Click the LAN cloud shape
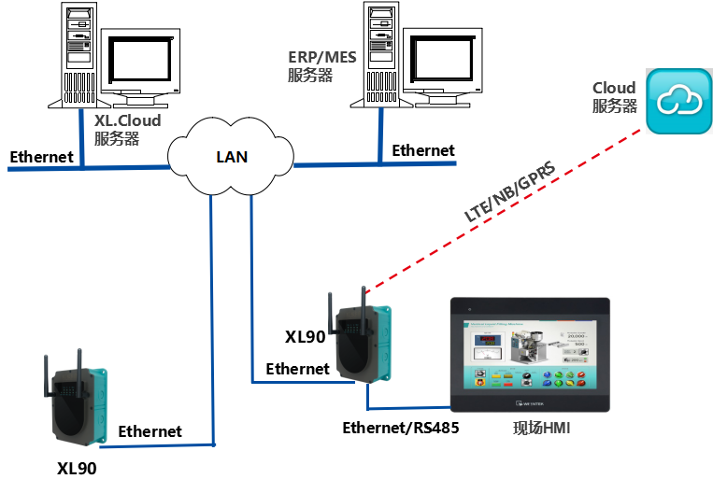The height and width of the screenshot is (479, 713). click(x=231, y=155)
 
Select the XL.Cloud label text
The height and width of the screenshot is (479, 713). click(x=128, y=120)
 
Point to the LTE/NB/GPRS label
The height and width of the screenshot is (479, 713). click(x=509, y=191)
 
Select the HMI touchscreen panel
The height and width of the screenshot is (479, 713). click(x=530, y=354)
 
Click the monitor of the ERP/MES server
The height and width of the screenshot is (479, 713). click(x=444, y=65)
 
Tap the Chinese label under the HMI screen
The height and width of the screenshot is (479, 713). click(x=541, y=429)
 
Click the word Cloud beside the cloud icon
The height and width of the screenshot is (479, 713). click(x=614, y=89)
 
